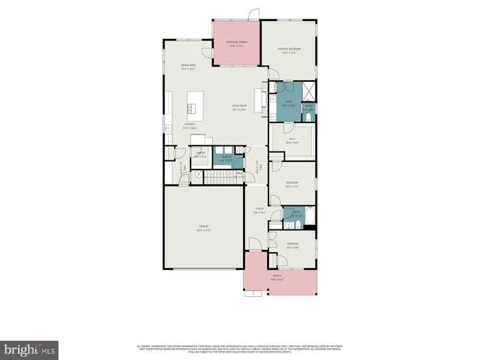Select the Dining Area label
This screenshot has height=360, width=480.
click(188, 67)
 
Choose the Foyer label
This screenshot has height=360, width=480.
click(259, 210)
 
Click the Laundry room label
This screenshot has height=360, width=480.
click(226, 157)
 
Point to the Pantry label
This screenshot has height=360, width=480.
click(201, 155)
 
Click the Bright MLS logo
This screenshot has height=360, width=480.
click(29, 349)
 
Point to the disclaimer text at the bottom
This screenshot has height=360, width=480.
click(240, 348)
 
